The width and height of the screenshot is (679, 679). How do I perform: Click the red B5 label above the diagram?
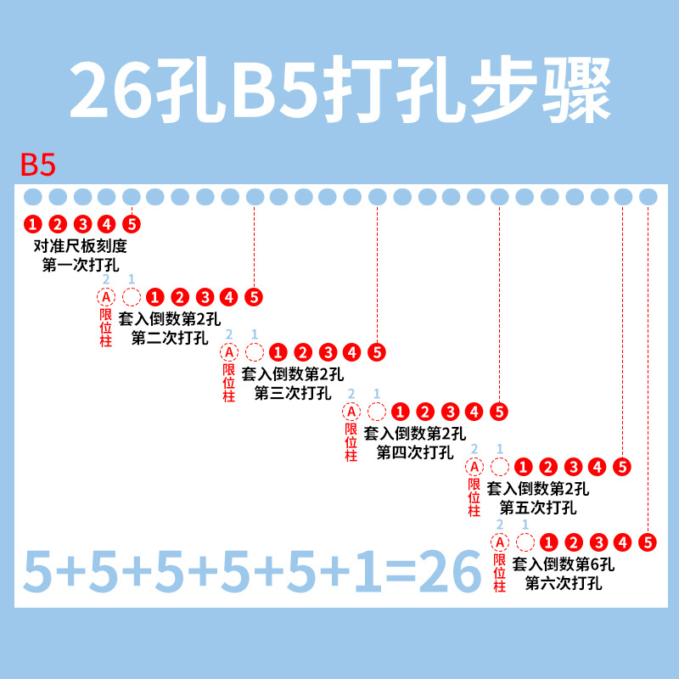click(38, 165)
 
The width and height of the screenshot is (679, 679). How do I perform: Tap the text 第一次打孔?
click(81, 265)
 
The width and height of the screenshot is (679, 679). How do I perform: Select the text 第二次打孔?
click(170, 338)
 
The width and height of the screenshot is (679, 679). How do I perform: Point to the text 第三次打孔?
click(293, 393)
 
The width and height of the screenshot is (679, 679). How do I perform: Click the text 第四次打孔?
click(415, 452)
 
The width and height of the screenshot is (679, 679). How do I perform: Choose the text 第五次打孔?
click(538, 508)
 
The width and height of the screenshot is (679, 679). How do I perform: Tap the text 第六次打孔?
click(564, 583)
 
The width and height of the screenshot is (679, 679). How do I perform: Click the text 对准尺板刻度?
click(81, 245)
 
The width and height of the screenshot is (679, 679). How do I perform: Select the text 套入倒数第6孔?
click(564, 564)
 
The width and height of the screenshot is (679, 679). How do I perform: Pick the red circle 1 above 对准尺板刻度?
click(32, 224)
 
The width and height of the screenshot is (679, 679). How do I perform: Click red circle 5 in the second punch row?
click(254, 298)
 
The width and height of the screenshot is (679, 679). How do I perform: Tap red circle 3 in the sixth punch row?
click(598, 542)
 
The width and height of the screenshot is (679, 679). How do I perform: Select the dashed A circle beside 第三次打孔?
click(229, 352)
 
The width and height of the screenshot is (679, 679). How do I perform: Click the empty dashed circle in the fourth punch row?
click(376, 412)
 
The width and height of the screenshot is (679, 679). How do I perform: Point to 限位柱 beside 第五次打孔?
click(474, 497)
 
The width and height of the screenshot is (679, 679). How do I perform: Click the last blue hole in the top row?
click(648, 197)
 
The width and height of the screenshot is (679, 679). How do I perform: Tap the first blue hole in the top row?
click(32, 197)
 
